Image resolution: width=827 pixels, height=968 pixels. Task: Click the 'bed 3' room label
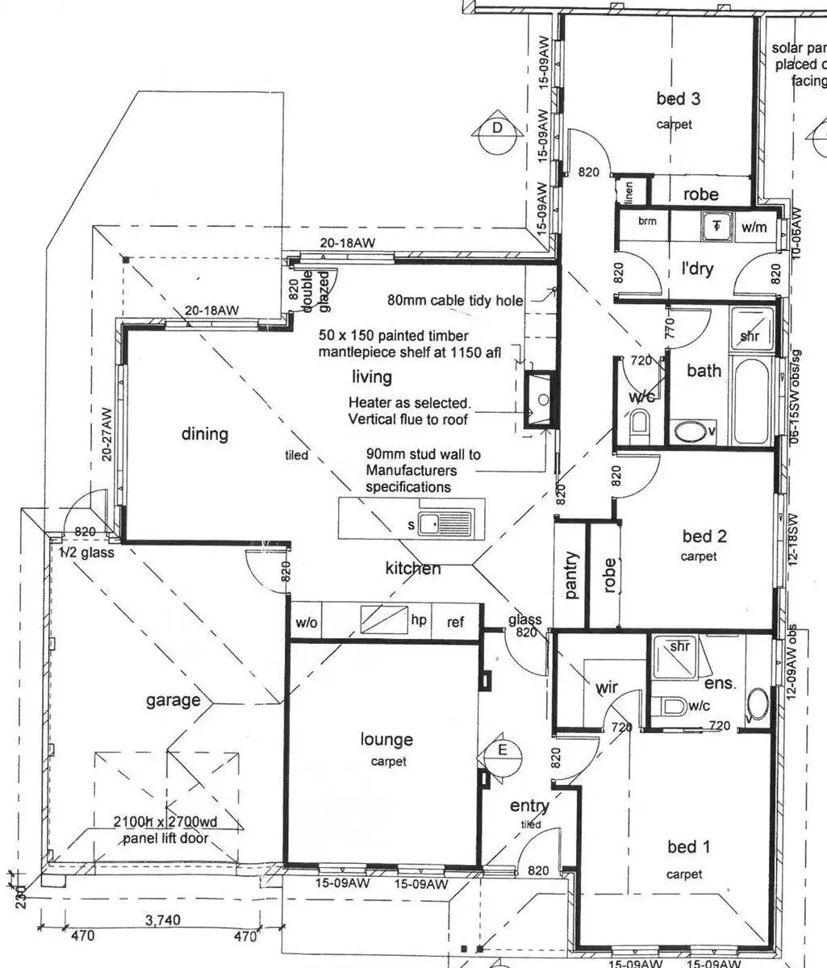click(x=678, y=99)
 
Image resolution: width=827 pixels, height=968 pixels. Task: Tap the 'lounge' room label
click(x=386, y=739)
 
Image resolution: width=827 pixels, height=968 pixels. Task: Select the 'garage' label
click(x=173, y=700)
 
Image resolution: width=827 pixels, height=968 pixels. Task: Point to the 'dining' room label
click(x=204, y=434)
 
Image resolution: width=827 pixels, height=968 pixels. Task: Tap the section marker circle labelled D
click(x=498, y=128)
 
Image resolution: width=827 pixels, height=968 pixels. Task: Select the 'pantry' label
click(x=572, y=574)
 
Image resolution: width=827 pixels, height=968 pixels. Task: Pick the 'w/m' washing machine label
click(x=754, y=227)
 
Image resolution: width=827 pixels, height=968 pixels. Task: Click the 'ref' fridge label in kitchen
click(x=455, y=622)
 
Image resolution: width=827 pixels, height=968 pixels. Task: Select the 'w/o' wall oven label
click(x=307, y=622)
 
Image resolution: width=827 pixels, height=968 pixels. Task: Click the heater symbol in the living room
click(x=540, y=399)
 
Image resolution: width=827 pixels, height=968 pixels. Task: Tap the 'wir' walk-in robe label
click(x=607, y=687)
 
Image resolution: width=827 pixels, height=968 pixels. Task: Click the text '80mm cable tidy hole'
click(x=455, y=300)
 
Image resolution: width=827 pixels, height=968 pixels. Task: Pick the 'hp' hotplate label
click(x=419, y=620)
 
